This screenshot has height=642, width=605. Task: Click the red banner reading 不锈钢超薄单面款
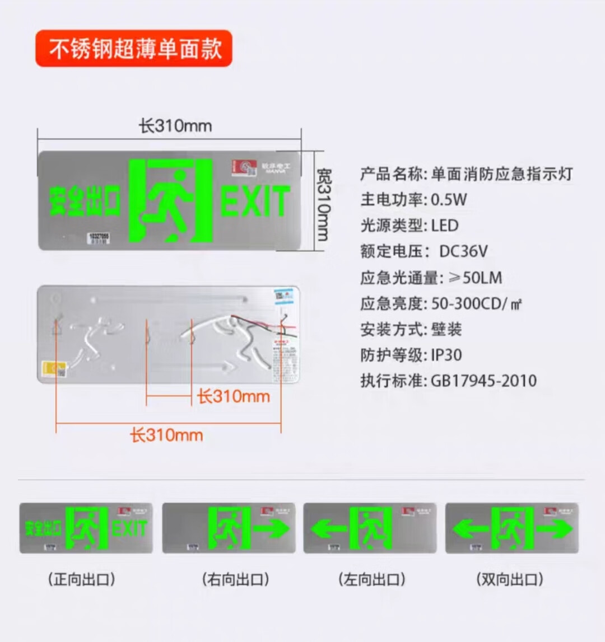coord(134,49)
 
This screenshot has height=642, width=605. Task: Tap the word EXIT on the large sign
coord(255,201)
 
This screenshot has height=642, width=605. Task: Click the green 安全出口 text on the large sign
coord(85,201)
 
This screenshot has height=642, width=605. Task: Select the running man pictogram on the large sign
coord(171,201)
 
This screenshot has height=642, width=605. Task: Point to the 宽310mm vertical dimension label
coord(324,205)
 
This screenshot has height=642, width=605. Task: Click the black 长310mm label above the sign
coord(175,125)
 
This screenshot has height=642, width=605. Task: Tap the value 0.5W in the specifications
coord(449,199)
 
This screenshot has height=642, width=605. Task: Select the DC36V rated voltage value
coord(463,251)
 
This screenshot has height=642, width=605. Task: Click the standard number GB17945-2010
coord(483,381)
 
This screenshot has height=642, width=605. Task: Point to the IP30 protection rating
coord(446,355)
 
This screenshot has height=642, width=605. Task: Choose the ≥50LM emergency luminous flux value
coord(467,277)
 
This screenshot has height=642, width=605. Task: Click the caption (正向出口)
coord(82,579)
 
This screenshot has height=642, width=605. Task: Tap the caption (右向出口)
coord(235,579)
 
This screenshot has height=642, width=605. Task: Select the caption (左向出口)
coord(372,579)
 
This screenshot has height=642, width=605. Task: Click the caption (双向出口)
coord(509,579)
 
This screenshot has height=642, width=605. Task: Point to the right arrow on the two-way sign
coord(554,528)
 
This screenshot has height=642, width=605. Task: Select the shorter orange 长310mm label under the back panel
coord(233,397)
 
